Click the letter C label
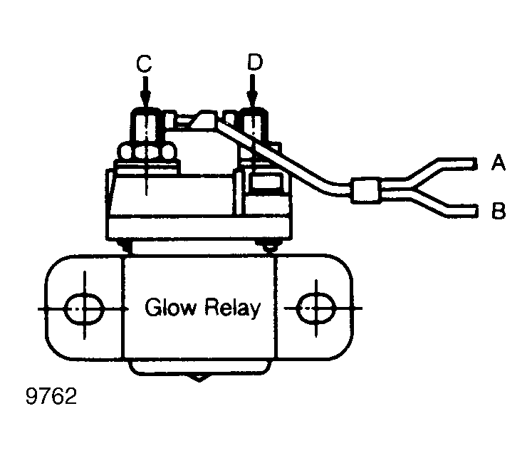144,64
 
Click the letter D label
255,62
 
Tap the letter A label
498,162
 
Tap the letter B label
499,210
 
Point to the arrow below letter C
145,92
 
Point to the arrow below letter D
252,91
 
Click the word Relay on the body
232,308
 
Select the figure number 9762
51,396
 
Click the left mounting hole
84,308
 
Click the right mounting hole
316,308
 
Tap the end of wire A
475,164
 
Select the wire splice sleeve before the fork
365,190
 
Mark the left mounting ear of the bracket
84,307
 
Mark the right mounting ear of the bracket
315,307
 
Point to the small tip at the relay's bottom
199,378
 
